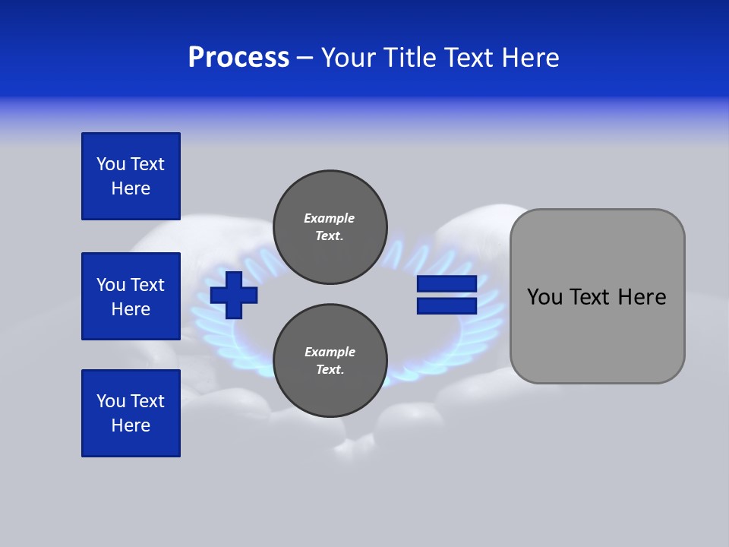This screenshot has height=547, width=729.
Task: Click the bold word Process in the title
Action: (238, 58)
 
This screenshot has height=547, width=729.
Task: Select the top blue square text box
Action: (131, 176)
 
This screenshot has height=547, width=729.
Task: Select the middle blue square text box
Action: (131, 296)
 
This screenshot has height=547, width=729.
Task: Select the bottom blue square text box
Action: (131, 413)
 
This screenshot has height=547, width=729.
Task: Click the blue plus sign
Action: (234, 295)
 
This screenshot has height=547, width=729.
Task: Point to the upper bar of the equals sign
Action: (447, 284)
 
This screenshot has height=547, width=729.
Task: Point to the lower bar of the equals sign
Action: (447, 306)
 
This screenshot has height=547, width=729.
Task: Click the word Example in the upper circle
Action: (329, 218)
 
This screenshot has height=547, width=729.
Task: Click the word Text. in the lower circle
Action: (330, 370)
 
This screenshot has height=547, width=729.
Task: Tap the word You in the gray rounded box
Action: (544, 297)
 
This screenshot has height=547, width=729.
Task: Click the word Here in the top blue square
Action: (131, 188)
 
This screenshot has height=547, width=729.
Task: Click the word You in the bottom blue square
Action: (111, 401)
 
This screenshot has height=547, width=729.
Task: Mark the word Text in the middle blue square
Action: (147, 285)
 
